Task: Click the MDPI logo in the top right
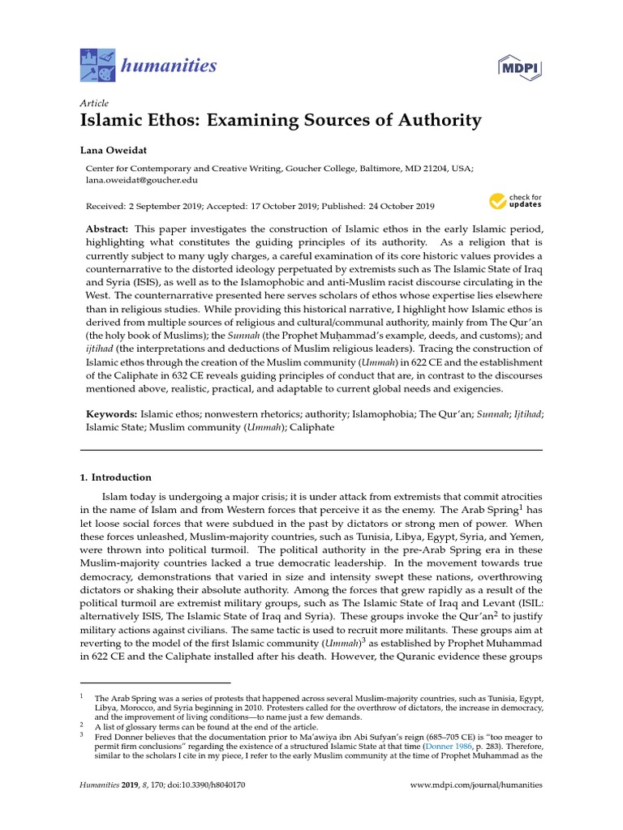521,66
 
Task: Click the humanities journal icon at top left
98,65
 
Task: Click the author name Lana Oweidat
115,151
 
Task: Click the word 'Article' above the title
95,103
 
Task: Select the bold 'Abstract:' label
109,229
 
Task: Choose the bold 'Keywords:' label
112,413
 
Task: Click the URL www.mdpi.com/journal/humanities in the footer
477,785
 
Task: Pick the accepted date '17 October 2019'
284,207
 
